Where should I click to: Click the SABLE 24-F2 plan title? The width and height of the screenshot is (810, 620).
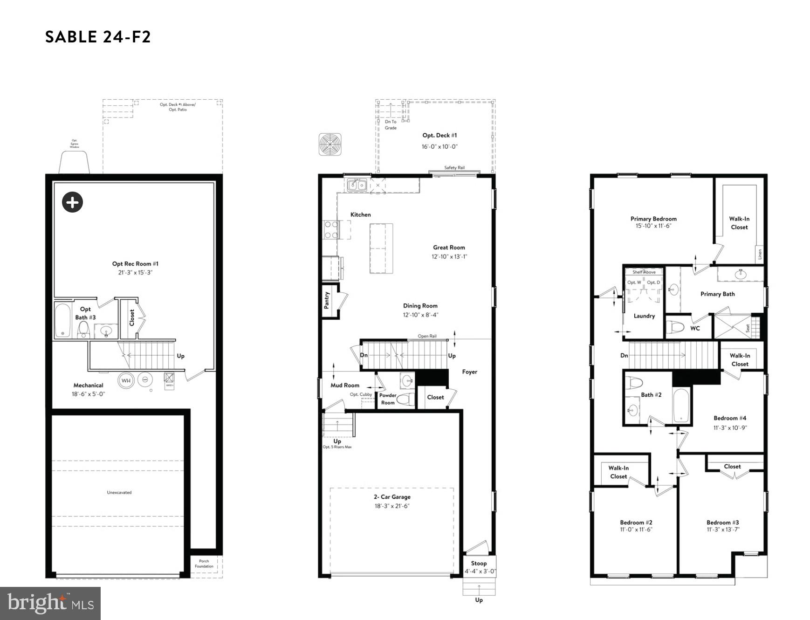point(98,37)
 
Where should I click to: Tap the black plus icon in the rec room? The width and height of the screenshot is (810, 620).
point(72,202)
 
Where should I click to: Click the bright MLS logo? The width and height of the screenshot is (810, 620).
point(50,603)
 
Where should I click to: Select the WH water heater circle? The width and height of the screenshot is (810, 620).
point(126,380)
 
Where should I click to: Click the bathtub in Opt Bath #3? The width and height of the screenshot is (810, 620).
point(62,320)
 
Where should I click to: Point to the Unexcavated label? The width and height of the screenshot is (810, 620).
point(119,492)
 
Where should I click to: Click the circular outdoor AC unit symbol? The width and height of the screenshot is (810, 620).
point(330,144)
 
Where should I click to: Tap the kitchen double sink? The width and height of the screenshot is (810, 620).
point(357,186)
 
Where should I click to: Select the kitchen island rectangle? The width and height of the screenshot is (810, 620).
point(381,248)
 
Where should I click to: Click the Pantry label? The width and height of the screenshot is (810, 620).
point(327,300)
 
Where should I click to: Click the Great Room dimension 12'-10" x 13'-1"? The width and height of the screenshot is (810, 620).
point(449,256)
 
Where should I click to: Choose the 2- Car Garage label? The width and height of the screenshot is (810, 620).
point(392,497)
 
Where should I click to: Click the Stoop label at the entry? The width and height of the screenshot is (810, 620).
point(479,563)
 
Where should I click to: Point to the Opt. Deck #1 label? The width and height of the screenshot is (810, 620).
point(439,136)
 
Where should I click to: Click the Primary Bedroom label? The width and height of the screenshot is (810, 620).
point(653,219)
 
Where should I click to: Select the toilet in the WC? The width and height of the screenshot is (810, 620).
point(674,327)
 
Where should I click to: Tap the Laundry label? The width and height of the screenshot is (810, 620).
point(644,316)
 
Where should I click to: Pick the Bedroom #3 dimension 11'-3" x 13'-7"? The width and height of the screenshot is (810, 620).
point(723,529)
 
